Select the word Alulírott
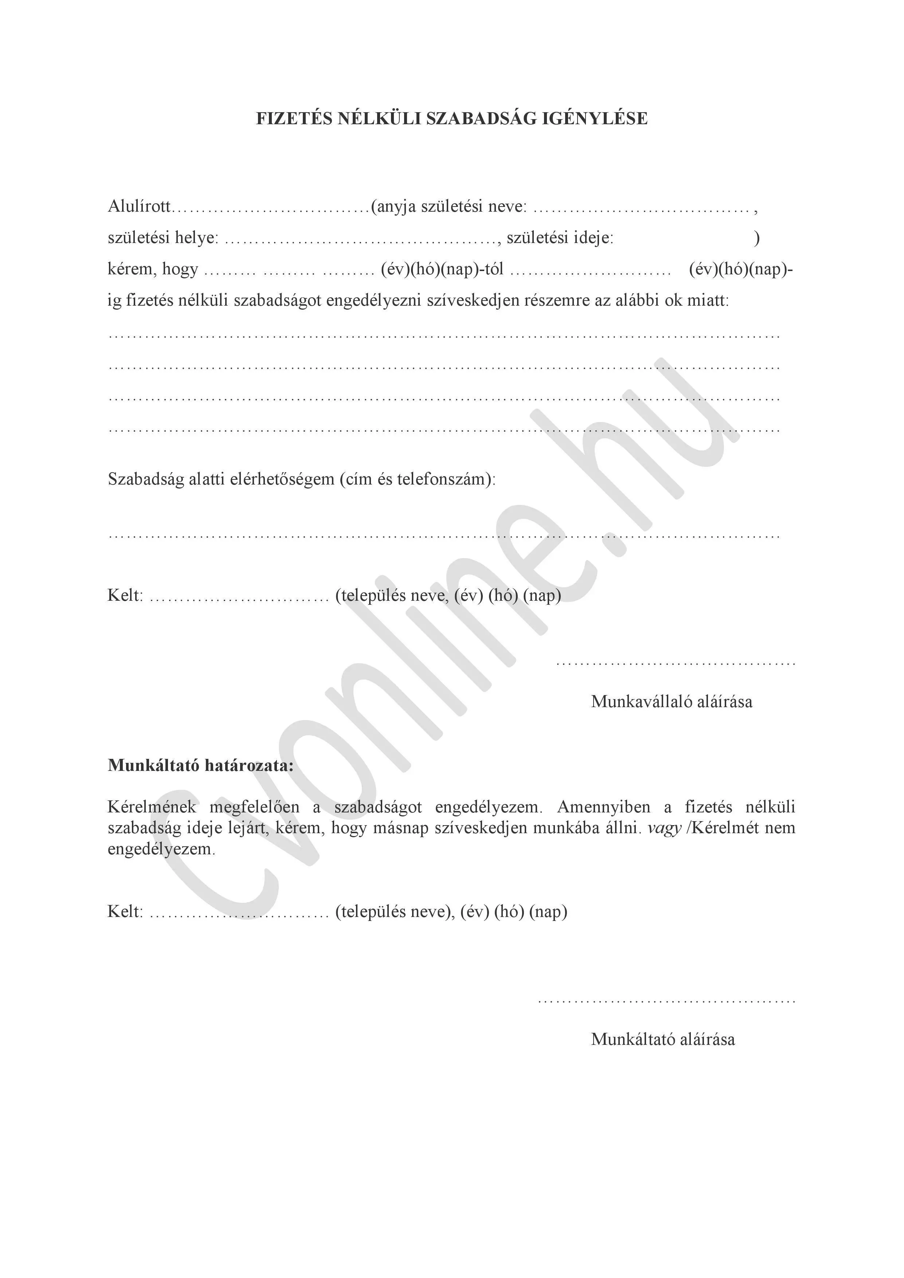click(139, 207)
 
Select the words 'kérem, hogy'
click(153, 269)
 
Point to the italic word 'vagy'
click(665, 828)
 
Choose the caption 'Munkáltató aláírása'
click(662, 1039)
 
